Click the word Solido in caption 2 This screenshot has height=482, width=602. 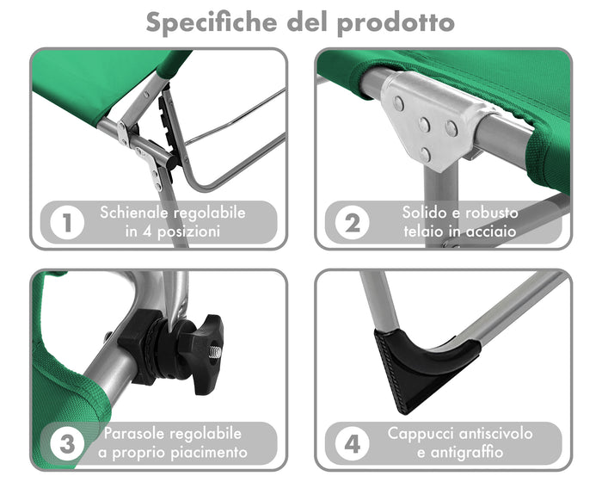click(422, 213)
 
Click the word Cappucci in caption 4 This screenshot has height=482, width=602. click(419, 434)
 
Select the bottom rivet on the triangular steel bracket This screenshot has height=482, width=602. click(425, 155)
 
